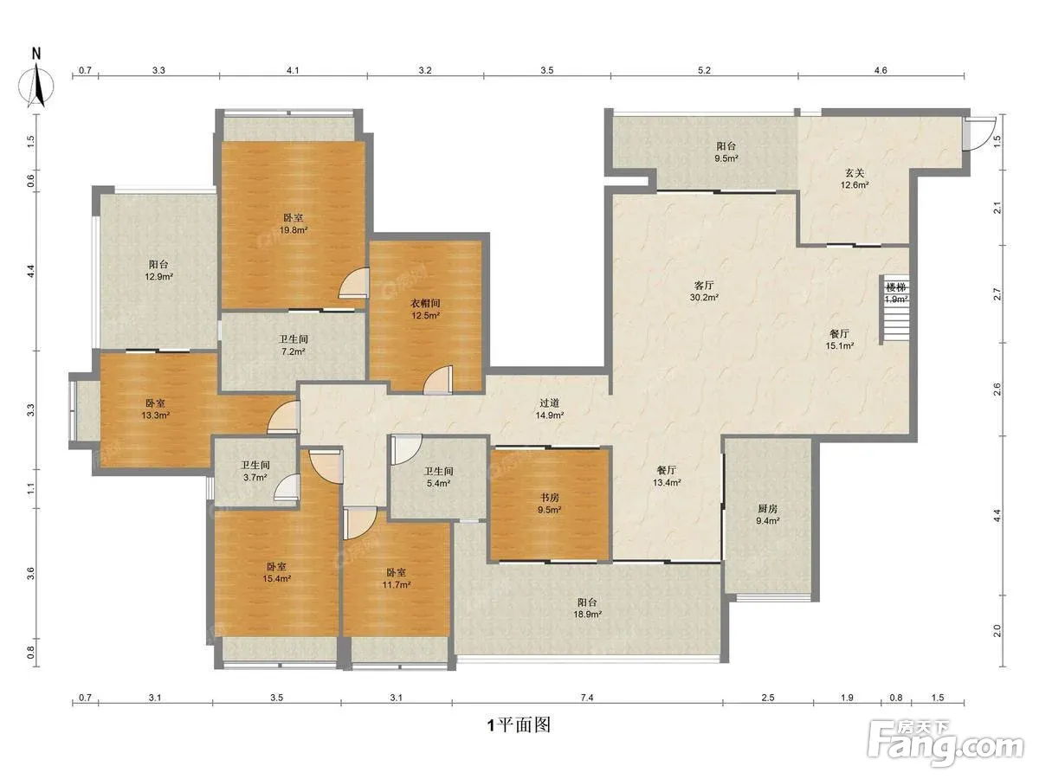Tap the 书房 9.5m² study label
(x=550, y=504)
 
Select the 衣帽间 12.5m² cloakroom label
(x=425, y=309)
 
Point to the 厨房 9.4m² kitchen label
(x=767, y=515)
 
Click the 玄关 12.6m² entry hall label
(x=855, y=179)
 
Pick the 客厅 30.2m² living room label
(x=704, y=292)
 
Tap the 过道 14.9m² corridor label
(x=550, y=409)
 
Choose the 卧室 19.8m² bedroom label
(x=294, y=224)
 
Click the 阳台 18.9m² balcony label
(x=587, y=608)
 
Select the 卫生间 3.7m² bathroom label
(x=255, y=471)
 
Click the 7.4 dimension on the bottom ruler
(x=586, y=697)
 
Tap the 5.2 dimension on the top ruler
(x=704, y=70)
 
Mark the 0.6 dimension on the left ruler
(x=31, y=181)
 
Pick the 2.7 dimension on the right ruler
(x=997, y=294)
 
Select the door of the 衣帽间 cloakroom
(x=438, y=379)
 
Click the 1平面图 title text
(x=519, y=724)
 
